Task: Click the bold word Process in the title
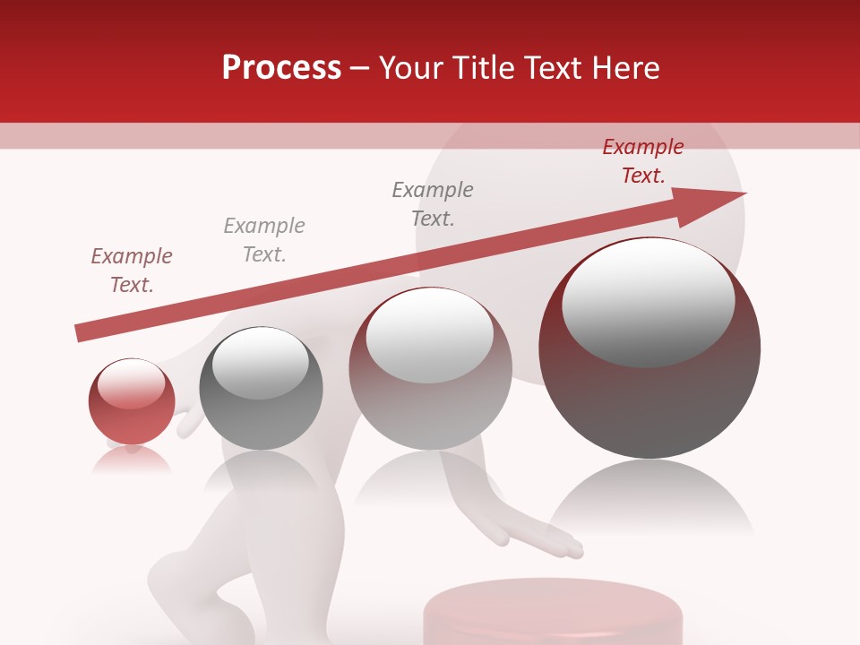pos(281,67)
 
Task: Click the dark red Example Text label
pos(642,161)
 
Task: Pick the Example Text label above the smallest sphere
pos(132,270)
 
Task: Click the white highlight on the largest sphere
pos(648,301)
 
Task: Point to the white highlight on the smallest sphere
pos(131,382)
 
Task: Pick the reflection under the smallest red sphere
pos(132,459)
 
